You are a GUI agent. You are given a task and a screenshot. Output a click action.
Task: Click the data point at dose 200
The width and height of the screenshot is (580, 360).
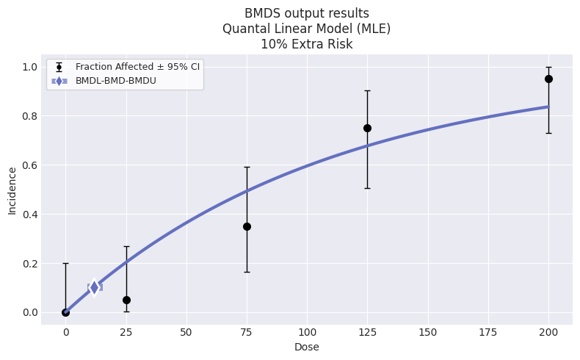coord(548,79)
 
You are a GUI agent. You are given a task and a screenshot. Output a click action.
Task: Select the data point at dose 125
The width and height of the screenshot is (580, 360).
coord(367,128)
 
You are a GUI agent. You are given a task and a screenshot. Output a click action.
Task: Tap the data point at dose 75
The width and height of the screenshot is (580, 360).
coord(247,226)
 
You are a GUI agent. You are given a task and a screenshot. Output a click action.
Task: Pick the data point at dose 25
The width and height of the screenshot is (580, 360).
coord(126,300)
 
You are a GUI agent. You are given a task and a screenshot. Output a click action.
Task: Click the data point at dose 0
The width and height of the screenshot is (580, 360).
coord(66,312)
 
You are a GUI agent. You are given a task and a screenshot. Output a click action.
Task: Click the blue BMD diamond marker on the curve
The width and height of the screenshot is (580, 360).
coord(94,287)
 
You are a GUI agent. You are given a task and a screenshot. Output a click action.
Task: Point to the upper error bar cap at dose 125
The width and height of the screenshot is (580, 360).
coord(367,90)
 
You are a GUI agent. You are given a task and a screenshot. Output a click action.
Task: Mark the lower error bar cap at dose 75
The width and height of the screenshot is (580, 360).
coord(247,272)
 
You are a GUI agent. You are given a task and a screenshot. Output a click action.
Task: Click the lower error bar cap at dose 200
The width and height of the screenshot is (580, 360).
coord(548,133)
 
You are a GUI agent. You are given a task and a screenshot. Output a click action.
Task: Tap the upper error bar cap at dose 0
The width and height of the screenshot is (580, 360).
coord(66,264)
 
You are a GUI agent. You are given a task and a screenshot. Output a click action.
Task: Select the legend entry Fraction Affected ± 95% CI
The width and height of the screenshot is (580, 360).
coord(137,67)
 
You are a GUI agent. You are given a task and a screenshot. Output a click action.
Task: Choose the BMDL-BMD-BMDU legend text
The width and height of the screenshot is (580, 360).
coord(116,81)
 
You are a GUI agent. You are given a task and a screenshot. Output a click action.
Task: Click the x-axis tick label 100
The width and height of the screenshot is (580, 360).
coord(307,332)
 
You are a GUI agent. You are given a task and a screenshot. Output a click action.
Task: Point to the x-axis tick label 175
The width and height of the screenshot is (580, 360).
coord(488,332)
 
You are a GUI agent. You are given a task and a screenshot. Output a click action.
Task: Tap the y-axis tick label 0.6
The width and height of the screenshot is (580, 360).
coord(30,165)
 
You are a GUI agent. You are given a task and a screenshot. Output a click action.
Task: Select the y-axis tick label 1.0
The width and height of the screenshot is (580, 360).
coord(30,67)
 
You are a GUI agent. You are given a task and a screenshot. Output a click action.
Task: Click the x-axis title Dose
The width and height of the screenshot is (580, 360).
coord(307,347)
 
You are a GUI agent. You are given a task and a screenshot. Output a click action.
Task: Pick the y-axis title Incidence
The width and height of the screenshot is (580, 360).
coord(12,191)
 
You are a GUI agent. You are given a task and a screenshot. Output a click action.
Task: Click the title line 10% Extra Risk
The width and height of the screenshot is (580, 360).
coord(307,44)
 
